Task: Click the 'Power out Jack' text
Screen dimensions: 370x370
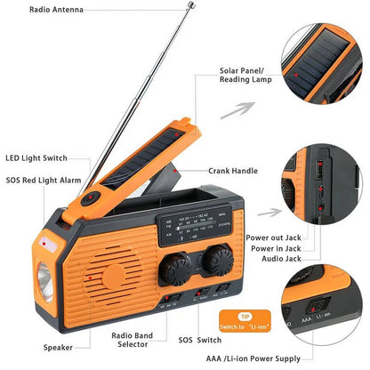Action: pos(272,239)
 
